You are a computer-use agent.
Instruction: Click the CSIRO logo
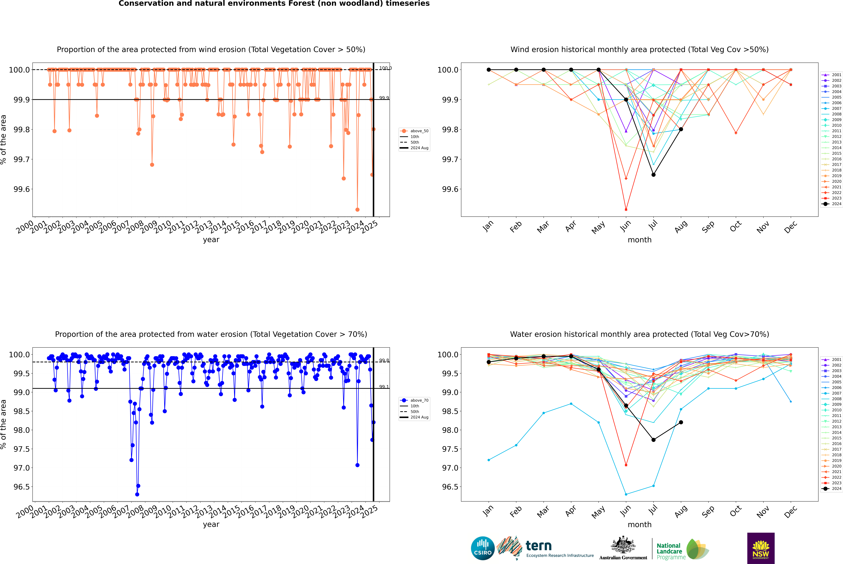[x=483, y=548]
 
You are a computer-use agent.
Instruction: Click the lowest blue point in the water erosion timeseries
[x=137, y=494]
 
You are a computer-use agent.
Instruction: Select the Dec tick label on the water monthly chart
[x=791, y=512]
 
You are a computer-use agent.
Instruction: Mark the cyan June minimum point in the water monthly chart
[x=626, y=494]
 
